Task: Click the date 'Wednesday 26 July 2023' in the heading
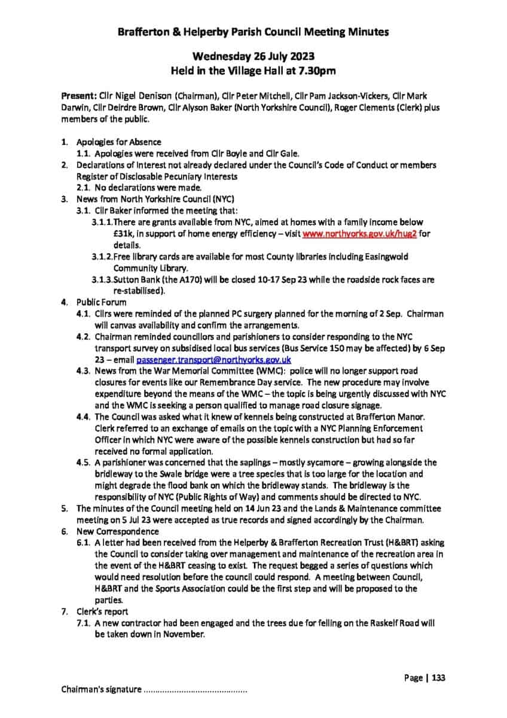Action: [x=253, y=57]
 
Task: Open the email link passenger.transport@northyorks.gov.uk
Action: [x=213, y=360]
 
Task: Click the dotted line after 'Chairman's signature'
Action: [x=195, y=690]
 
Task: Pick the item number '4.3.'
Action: [x=84, y=371]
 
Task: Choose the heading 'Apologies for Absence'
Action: [x=118, y=142]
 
